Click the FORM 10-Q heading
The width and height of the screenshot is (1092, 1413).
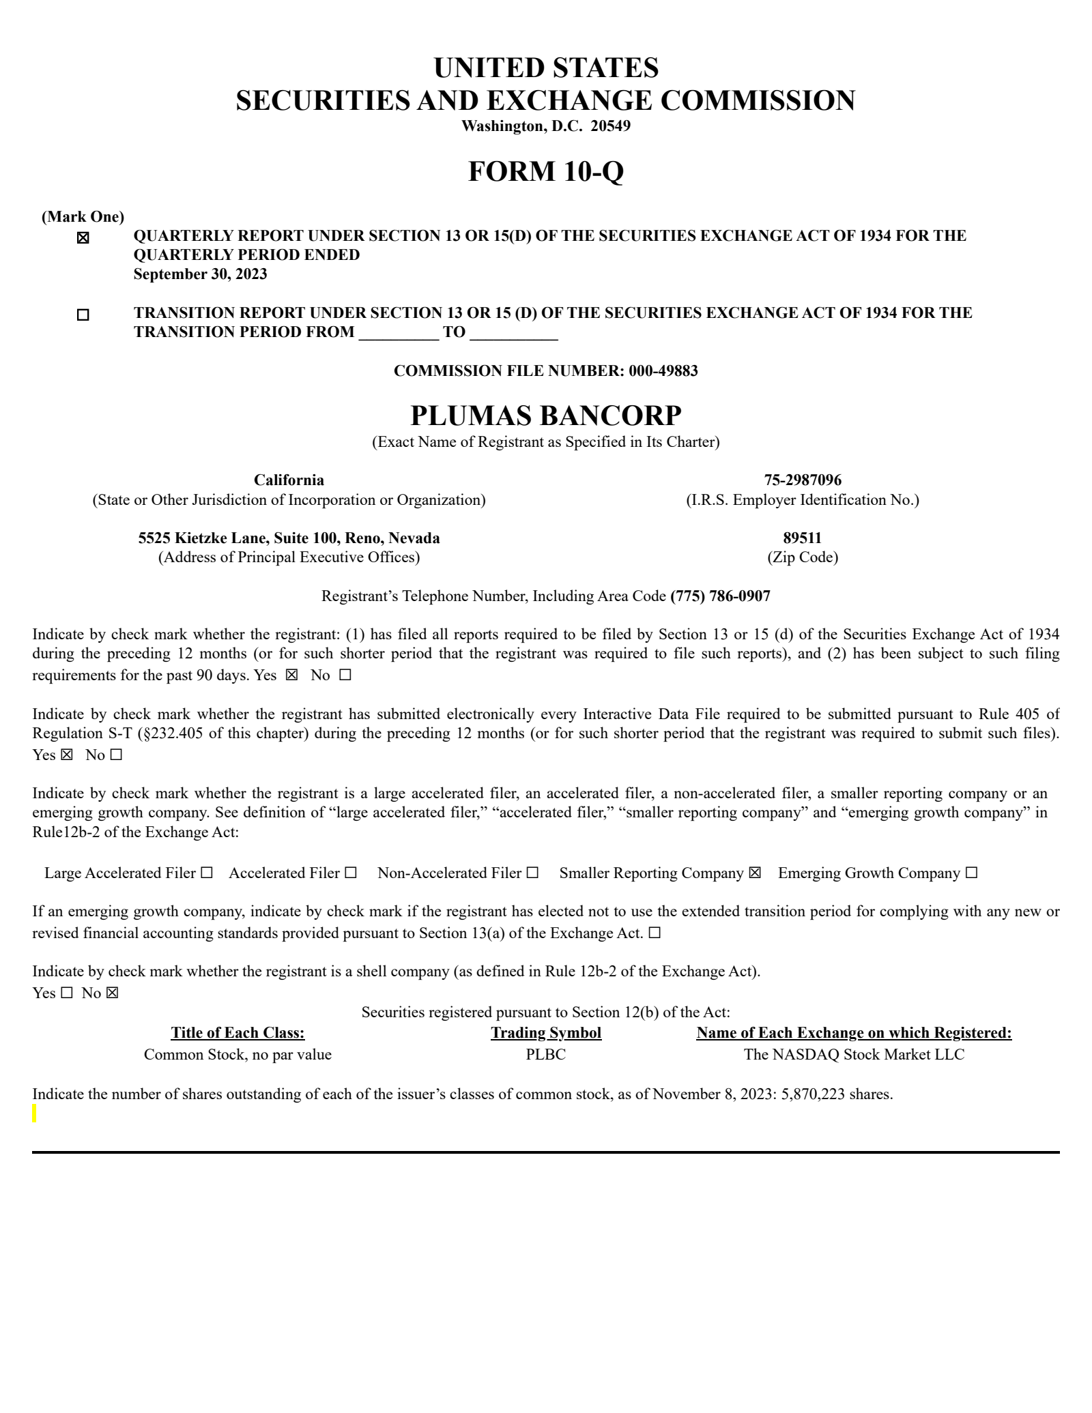point(545,171)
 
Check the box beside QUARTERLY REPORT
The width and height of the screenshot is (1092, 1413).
point(83,238)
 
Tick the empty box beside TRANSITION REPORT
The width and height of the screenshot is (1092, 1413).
point(83,315)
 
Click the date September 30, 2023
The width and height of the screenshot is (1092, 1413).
point(200,274)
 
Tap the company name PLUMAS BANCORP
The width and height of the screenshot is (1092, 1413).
point(545,416)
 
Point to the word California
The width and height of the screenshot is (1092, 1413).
point(289,480)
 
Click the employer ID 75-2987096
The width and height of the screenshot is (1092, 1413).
point(802,480)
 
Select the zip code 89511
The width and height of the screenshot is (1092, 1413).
point(802,538)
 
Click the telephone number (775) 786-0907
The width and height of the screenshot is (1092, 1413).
point(720,596)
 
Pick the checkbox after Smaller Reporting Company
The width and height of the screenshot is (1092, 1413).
point(754,873)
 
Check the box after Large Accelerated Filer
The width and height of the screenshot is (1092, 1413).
point(207,873)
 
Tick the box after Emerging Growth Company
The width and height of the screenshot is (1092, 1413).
point(972,873)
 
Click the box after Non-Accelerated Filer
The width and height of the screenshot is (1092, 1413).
point(532,873)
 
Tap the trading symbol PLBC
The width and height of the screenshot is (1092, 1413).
point(545,1055)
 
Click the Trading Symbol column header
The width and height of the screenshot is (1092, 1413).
point(545,1033)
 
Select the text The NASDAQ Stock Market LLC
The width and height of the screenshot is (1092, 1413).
point(854,1055)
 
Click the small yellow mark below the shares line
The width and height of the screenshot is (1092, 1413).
point(35,1114)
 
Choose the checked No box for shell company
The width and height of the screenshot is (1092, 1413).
point(112,993)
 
